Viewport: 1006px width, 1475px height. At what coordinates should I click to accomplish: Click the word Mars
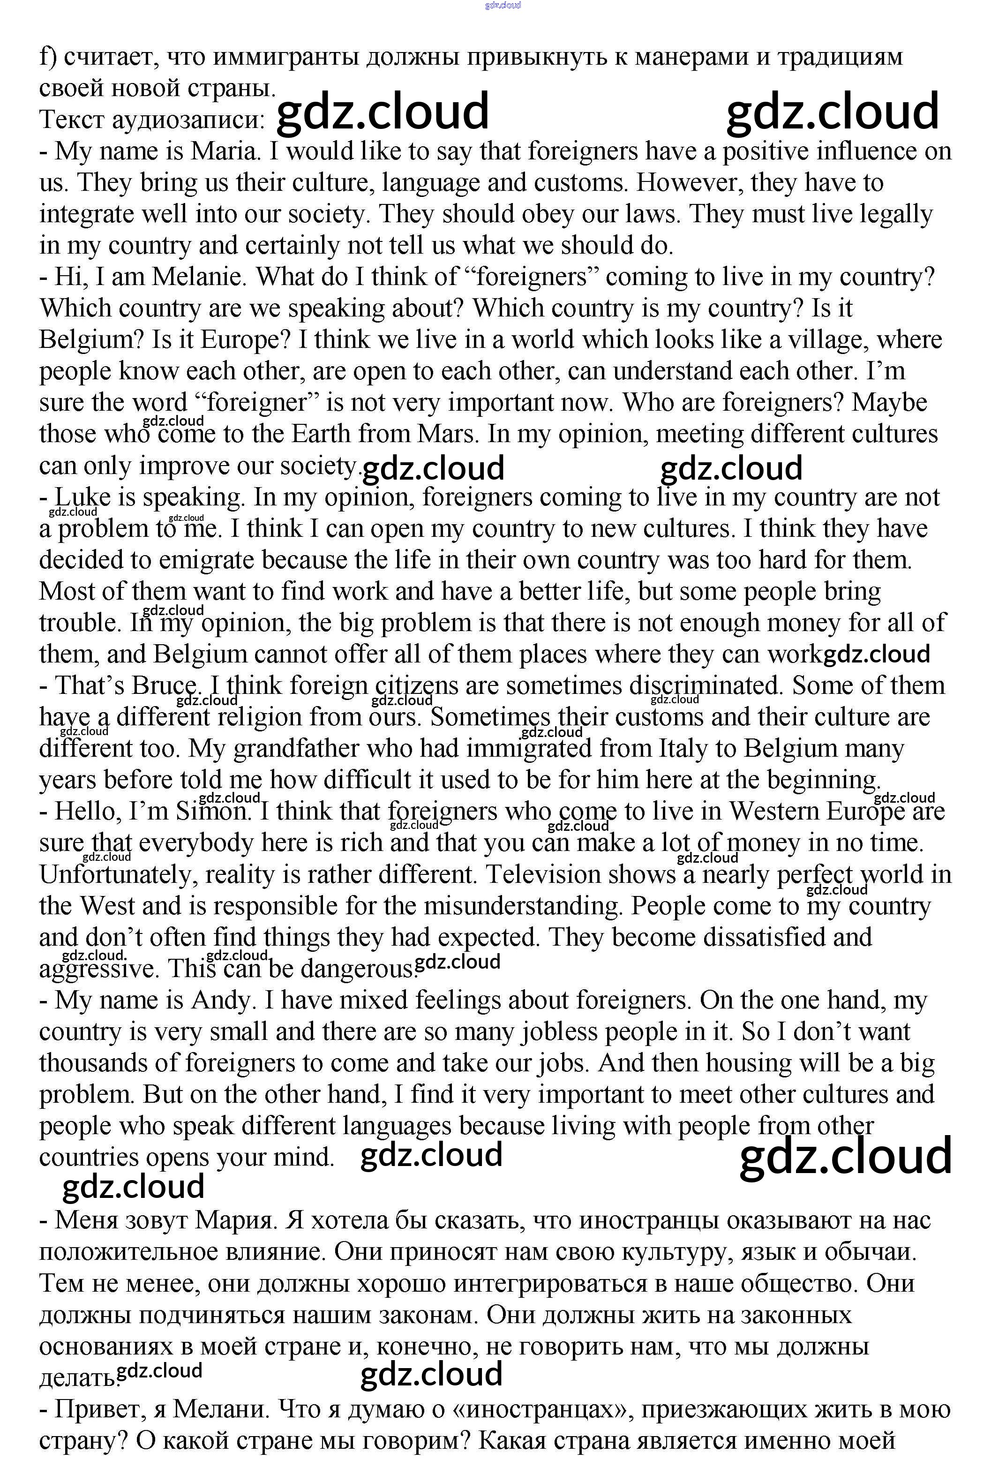point(445,434)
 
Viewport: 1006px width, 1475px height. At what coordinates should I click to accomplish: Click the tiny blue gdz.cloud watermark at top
point(503,5)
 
